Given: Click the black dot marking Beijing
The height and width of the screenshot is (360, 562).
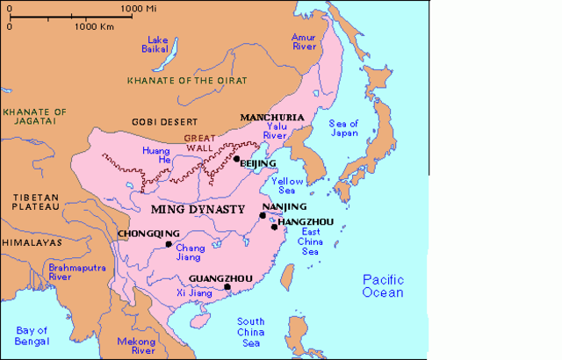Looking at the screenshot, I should (x=236, y=159).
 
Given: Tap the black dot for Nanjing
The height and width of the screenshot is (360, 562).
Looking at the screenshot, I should (x=262, y=215).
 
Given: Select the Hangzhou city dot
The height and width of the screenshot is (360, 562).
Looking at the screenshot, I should (x=274, y=227).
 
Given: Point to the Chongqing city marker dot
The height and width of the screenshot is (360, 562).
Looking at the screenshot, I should (x=168, y=245).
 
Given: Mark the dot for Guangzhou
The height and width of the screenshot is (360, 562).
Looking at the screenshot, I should (x=227, y=287).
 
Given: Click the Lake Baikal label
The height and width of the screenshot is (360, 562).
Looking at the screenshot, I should (x=158, y=45).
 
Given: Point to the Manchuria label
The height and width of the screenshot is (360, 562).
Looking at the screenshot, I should (x=272, y=117).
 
